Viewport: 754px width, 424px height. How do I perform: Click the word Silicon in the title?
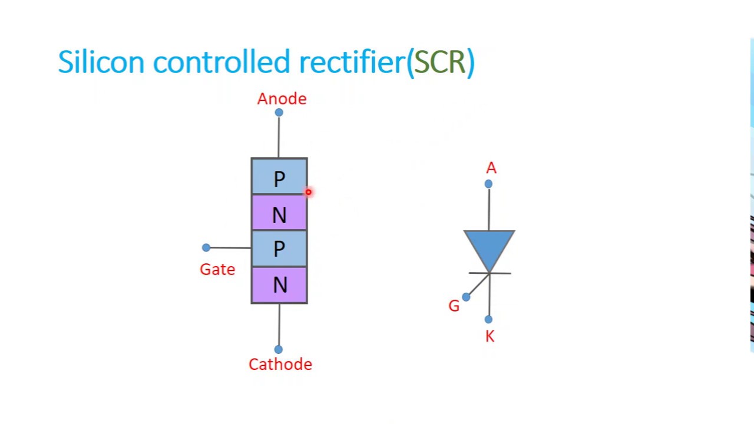[x=101, y=62]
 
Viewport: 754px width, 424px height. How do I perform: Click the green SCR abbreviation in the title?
[x=440, y=62]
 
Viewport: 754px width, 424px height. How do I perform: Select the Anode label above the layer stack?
[x=282, y=99]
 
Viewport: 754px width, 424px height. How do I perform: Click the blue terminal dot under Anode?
[x=279, y=112]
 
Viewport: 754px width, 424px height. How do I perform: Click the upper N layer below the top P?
[x=279, y=214]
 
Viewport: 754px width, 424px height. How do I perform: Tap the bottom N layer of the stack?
[x=279, y=285]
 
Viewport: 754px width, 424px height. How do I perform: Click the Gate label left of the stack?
[x=217, y=270]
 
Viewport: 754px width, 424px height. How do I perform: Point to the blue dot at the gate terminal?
[x=206, y=247]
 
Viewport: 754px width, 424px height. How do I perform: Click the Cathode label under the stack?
[x=280, y=365]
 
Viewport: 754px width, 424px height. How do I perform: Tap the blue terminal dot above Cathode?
[x=279, y=349]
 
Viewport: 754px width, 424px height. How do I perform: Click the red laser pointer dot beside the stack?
[x=308, y=192]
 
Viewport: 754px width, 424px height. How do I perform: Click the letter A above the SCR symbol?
[x=491, y=168]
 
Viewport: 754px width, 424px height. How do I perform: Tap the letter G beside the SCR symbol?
[x=454, y=306]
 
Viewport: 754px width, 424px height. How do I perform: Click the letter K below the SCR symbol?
[x=490, y=337]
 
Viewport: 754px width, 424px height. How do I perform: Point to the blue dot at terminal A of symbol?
[x=488, y=184]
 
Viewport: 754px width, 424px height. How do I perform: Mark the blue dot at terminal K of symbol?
[x=488, y=319]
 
